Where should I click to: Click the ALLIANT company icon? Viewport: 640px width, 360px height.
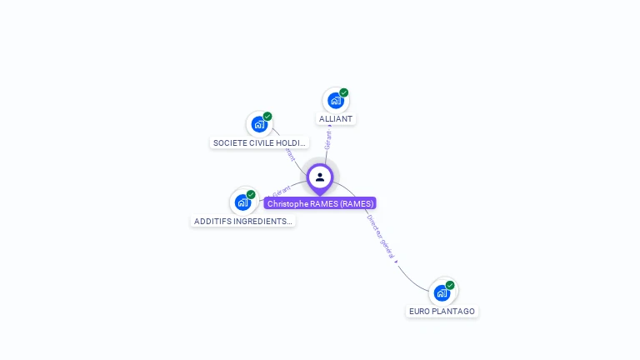click(x=335, y=101)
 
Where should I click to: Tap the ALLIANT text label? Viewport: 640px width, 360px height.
click(x=336, y=119)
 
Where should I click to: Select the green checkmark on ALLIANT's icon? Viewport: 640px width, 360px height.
click(x=343, y=92)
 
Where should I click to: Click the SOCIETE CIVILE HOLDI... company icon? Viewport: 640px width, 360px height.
click(x=259, y=125)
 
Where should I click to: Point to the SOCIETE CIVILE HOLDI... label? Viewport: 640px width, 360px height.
click(x=260, y=142)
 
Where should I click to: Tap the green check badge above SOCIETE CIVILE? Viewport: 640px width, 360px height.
click(x=267, y=117)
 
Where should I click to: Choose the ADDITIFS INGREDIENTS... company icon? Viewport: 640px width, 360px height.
click(x=242, y=202)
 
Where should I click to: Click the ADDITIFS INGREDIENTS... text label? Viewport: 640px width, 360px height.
click(x=242, y=222)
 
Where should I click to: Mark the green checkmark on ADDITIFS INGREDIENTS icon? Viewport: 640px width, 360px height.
click(x=251, y=194)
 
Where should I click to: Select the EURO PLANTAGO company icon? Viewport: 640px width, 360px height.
click(x=442, y=293)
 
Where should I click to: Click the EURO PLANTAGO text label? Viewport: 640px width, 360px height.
click(x=442, y=312)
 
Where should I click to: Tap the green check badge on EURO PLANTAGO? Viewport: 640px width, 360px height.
click(x=450, y=285)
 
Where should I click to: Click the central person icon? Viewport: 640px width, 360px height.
click(x=320, y=177)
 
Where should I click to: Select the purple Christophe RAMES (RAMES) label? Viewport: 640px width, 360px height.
click(x=320, y=203)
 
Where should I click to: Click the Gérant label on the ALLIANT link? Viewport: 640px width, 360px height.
click(x=328, y=139)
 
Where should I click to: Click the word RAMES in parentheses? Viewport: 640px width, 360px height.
click(x=357, y=203)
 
